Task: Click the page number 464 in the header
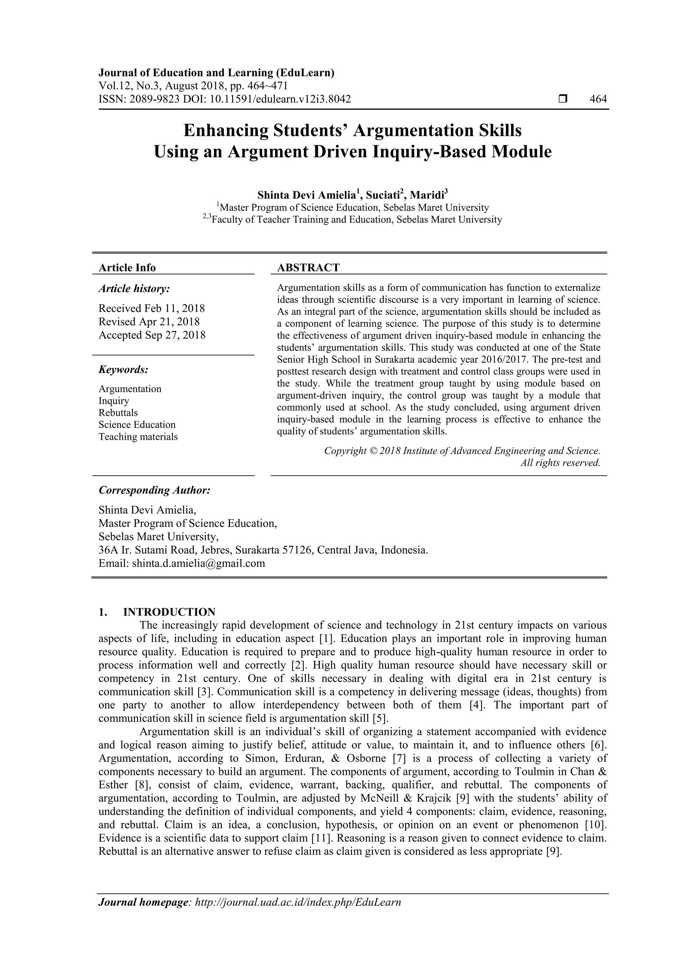click(598, 99)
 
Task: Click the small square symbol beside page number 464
click(563, 99)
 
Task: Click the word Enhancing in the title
click(226, 131)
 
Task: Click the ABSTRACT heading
click(308, 268)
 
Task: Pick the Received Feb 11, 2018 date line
click(151, 308)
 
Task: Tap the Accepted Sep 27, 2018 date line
click(152, 335)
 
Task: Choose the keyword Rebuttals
click(118, 413)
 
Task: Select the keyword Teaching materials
click(138, 437)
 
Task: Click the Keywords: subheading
click(123, 370)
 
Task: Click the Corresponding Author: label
click(154, 491)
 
